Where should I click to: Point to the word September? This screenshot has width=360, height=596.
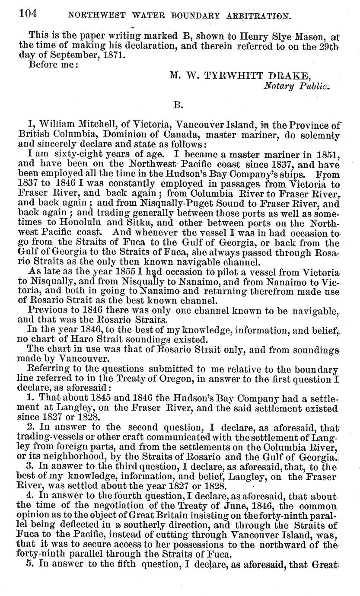75,56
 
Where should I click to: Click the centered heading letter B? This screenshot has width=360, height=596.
178,104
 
